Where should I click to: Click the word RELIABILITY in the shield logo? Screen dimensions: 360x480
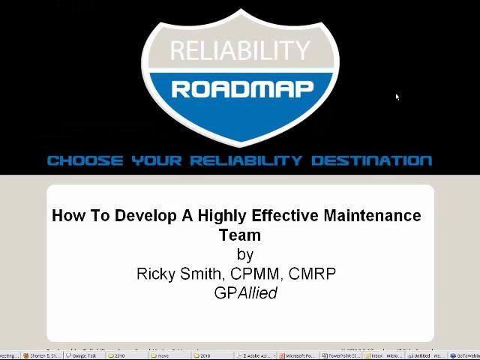point(240,50)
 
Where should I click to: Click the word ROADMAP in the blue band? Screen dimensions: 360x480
point(241,90)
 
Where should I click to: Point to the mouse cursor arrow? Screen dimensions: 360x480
point(397,97)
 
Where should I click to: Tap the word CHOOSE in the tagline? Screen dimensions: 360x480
point(85,160)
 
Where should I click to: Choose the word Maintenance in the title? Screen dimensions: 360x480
point(372,216)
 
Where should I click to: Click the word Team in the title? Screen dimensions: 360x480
point(240,235)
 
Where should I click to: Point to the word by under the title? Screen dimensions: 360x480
point(245,255)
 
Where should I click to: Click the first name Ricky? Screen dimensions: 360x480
point(155,274)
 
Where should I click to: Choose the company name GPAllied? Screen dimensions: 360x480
point(245,293)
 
